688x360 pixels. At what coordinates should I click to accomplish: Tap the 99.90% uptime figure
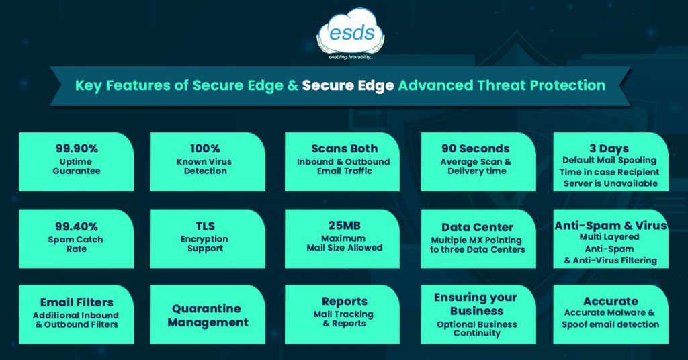(x=77, y=148)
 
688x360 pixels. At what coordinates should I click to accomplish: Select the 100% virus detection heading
(x=205, y=148)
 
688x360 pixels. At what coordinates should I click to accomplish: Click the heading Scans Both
(x=345, y=148)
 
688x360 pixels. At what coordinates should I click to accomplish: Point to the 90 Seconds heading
(x=476, y=148)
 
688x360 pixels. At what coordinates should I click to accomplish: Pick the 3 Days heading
(x=609, y=148)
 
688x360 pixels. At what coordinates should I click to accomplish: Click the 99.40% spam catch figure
(x=77, y=227)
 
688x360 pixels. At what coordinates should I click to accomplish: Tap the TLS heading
(x=205, y=226)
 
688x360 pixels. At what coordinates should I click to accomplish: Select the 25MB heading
(x=345, y=226)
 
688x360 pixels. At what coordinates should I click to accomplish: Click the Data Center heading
(x=478, y=227)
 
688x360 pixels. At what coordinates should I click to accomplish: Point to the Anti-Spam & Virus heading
(x=610, y=226)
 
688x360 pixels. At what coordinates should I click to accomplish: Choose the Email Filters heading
(x=77, y=302)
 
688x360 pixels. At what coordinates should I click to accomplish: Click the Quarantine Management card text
(x=207, y=315)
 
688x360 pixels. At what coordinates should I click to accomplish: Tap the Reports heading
(x=345, y=302)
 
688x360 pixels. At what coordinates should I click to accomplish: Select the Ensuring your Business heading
(x=476, y=304)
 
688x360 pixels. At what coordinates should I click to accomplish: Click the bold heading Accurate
(x=610, y=302)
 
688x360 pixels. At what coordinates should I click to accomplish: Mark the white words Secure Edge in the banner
(x=348, y=85)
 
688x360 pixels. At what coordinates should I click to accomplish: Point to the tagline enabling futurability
(x=350, y=58)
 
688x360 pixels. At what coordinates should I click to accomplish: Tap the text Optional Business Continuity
(x=476, y=329)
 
